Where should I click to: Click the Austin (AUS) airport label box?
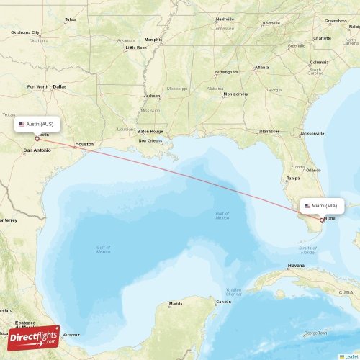click(x=37, y=124)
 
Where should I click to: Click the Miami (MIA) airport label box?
click(x=322, y=205)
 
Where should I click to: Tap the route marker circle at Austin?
click(x=37, y=138)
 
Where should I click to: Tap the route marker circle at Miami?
click(x=321, y=220)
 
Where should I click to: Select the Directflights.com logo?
click(x=35, y=337)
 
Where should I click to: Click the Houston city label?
click(x=84, y=144)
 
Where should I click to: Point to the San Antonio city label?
click(x=37, y=150)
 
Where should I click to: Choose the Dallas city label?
click(x=59, y=86)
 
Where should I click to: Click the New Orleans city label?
click(x=150, y=140)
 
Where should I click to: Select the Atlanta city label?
click(x=261, y=68)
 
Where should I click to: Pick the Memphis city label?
click(x=153, y=39)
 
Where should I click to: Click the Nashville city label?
click(x=225, y=19)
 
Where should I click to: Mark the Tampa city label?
click(x=293, y=177)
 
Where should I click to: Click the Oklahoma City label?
click(x=26, y=32)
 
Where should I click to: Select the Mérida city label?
click(x=176, y=304)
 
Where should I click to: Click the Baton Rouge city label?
click(x=150, y=131)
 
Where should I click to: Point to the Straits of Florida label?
click(x=307, y=250)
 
